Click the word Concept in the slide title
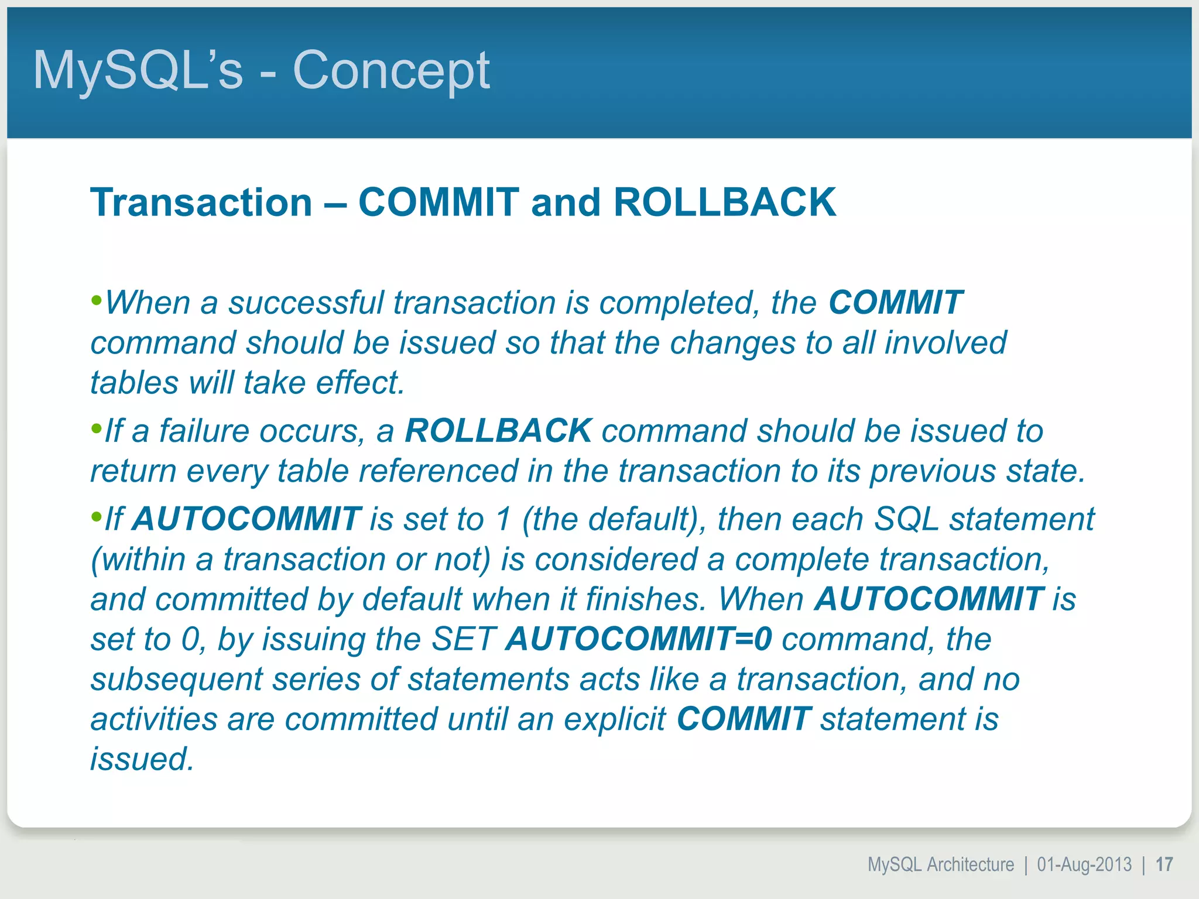tap(390, 71)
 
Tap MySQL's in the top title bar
tap(138, 71)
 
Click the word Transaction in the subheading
tap(201, 203)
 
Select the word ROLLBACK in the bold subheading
tap(725, 203)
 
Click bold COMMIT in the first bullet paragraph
tap(895, 303)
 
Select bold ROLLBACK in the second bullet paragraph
tap(498, 431)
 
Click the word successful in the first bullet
tap(305, 303)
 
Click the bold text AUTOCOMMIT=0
tap(639, 639)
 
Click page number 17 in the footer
tap(1164, 864)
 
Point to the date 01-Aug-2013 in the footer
tap(1084, 864)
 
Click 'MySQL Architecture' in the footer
tap(940, 864)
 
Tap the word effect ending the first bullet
tap(359, 383)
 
